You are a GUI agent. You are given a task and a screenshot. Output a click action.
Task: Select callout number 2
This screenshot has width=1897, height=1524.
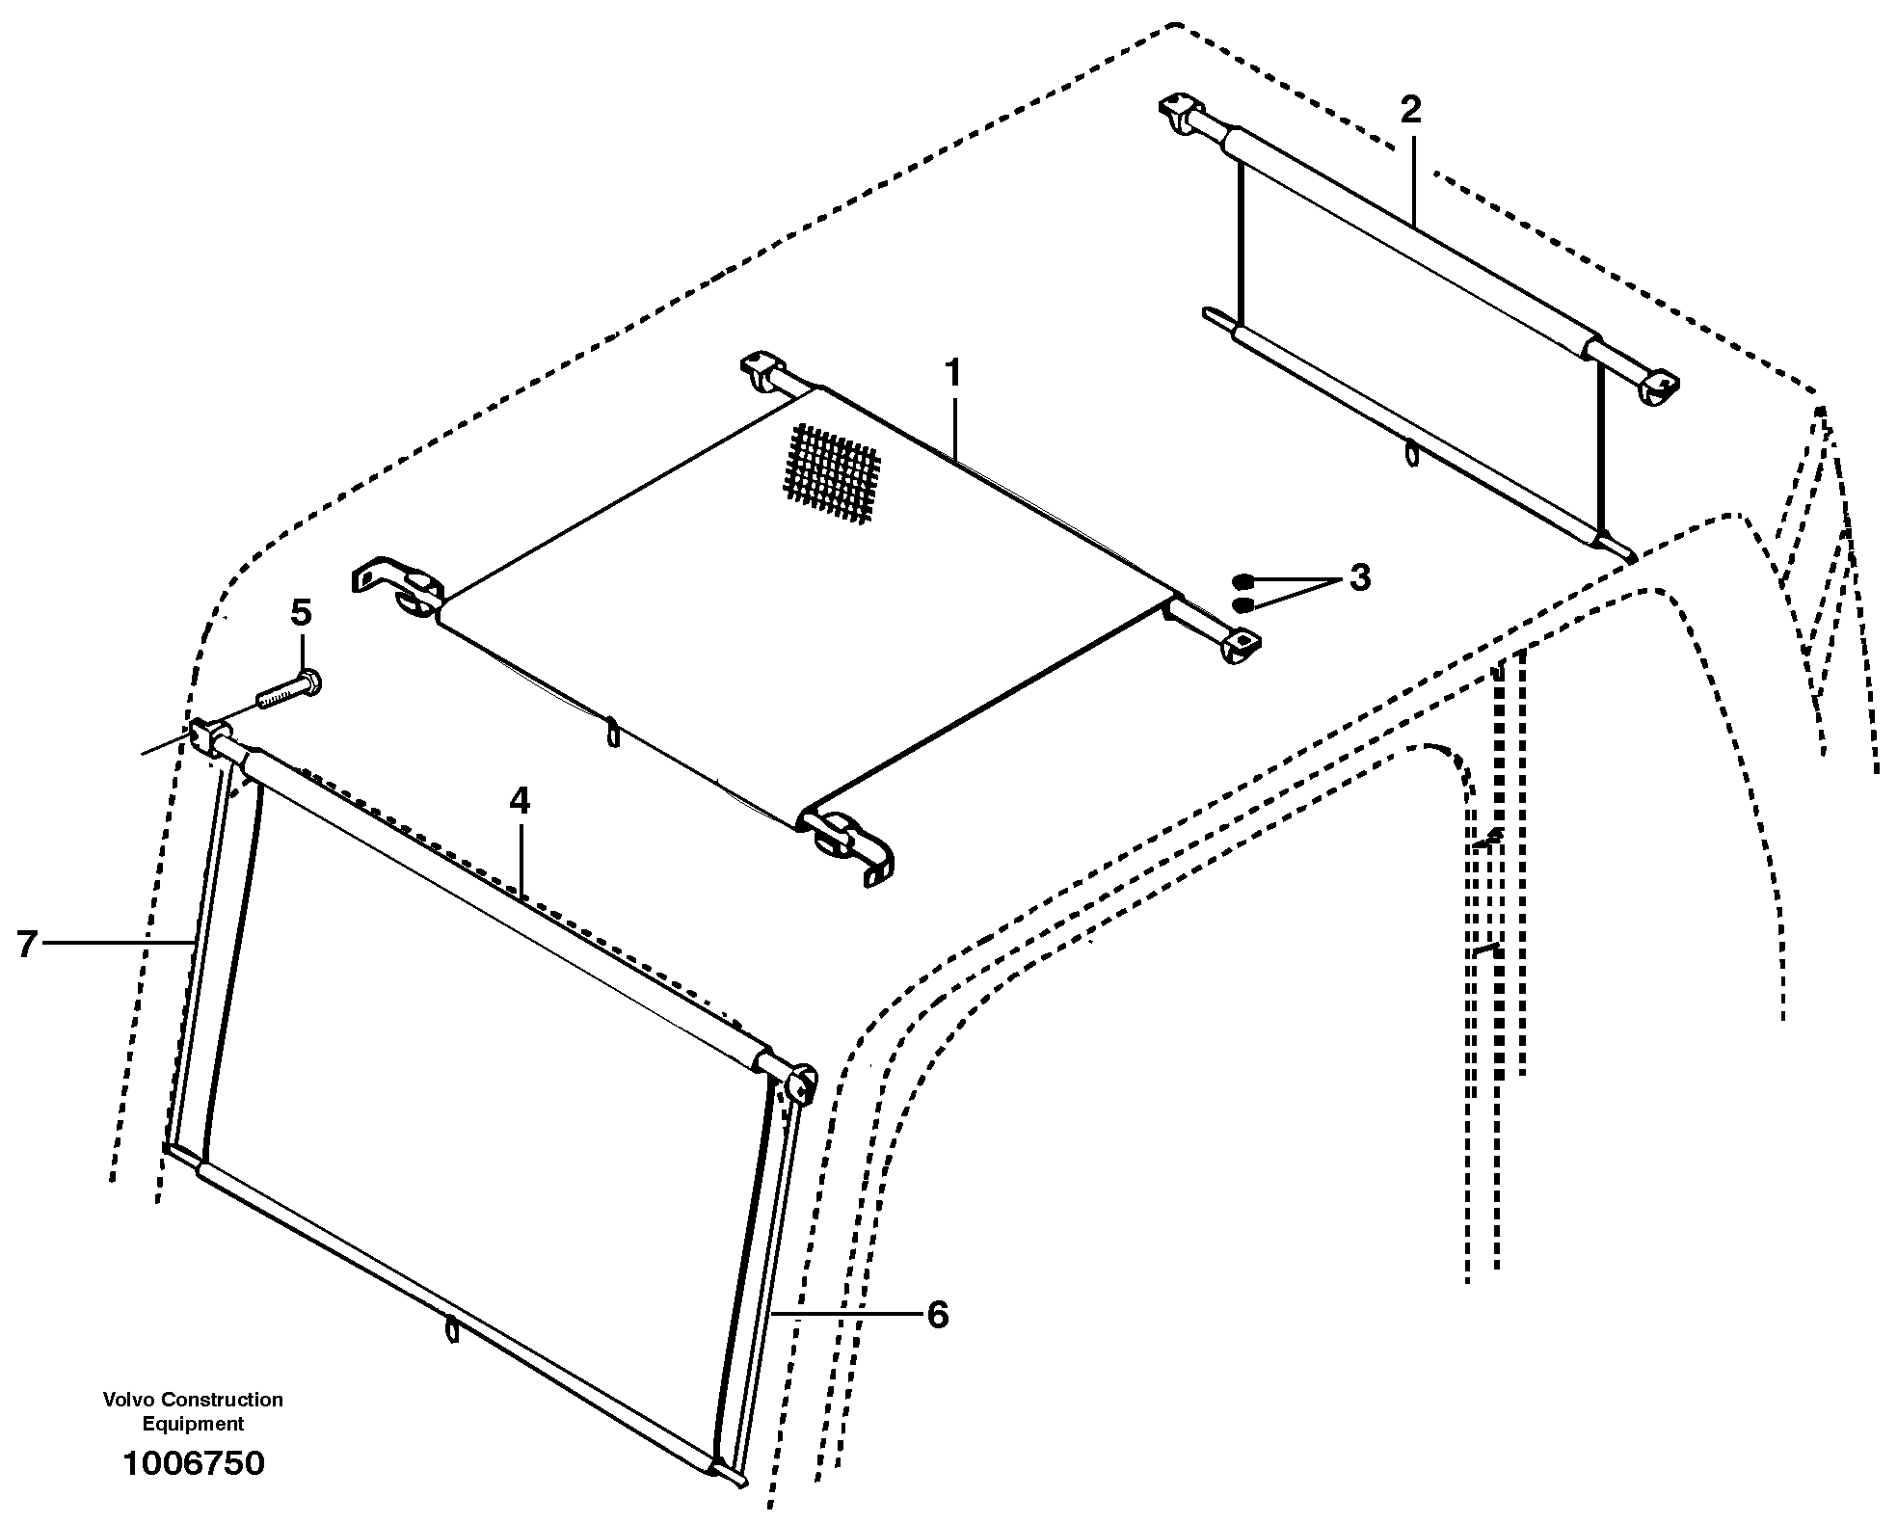[1410, 110]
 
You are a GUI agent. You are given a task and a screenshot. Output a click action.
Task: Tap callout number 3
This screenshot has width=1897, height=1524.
[1359, 577]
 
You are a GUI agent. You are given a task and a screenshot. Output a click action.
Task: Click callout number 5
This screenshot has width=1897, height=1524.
[301, 612]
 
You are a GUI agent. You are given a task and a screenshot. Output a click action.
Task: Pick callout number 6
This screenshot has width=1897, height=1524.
[937, 1315]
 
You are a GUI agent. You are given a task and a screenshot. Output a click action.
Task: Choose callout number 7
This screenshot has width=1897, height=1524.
[27, 944]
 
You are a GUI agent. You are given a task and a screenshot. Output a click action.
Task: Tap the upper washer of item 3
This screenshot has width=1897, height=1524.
[1243, 581]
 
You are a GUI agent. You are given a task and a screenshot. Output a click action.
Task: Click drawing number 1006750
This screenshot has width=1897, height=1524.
[193, 1463]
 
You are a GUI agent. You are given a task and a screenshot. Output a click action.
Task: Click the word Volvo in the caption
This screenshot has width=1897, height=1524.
[130, 1399]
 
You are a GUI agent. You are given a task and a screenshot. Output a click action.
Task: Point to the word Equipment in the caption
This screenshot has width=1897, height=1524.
[193, 1424]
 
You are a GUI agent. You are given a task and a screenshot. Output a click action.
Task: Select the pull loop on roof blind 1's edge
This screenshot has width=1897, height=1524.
[612, 734]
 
